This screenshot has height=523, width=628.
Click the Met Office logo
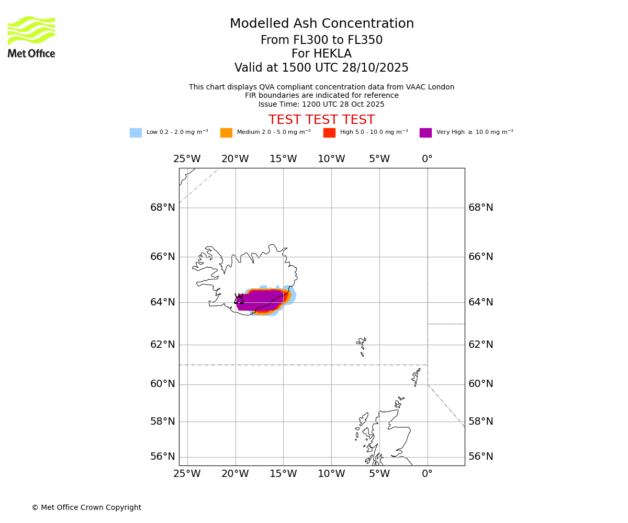pos(31,37)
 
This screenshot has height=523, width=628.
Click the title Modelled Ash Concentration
pos(322,24)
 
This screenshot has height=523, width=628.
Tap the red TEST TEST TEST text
pos(321,120)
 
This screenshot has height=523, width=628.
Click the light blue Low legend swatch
pos(136,133)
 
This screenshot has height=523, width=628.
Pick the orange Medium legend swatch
pos(226,133)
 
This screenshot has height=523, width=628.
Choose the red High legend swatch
pos(329,133)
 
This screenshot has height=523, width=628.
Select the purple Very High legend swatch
pos(425,133)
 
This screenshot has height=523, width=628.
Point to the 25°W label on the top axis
pos(187,159)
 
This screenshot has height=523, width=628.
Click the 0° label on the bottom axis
pos(427,474)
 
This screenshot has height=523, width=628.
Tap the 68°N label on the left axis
pos(163,208)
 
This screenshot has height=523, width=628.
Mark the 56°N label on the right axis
pos(480,457)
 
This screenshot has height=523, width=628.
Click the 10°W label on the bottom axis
pos(331,474)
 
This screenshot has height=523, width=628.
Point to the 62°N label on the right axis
pos(480,345)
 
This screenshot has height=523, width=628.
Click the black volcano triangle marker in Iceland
pos(239,299)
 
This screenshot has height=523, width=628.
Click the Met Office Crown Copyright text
pos(86,508)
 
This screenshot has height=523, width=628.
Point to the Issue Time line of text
pos(321,105)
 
